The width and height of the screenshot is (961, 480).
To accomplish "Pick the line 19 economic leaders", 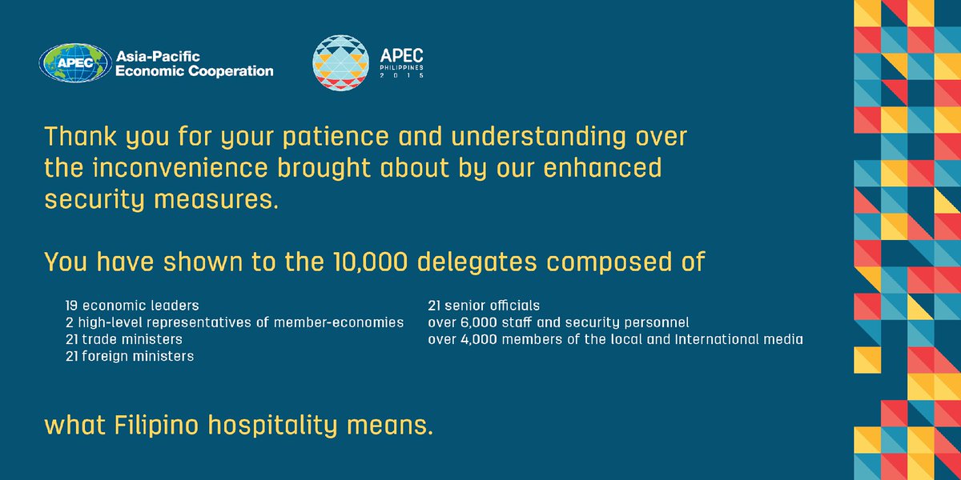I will point(132,306).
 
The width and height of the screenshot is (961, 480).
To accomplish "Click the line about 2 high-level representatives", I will point(235,322).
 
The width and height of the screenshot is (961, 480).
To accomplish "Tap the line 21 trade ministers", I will point(124,339).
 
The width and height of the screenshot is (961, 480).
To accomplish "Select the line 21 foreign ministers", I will point(130,356).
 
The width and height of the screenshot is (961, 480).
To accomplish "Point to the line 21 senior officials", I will point(484,306).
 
